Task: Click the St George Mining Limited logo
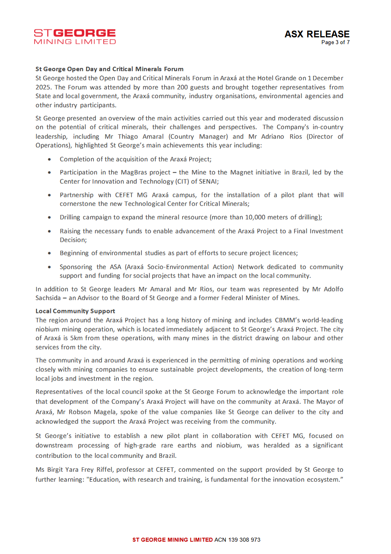[x=75, y=37]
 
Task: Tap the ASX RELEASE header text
[x=317, y=34]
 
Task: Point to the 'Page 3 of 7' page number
[x=335, y=42]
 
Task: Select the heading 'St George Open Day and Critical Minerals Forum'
[x=109, y=69]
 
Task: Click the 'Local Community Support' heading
[x=75, y=311]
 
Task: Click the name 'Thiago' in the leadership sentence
[x=128, y=137]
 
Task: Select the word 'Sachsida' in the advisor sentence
[x=48, y=298]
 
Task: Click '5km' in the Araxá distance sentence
[x=76, y=338]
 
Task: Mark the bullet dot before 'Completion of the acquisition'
[x=49, y=160]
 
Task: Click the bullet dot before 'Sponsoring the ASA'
[x=49, y=267]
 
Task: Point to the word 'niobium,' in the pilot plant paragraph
[x=228, y=446]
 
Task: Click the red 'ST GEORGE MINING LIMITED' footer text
[x=172, y=540]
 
